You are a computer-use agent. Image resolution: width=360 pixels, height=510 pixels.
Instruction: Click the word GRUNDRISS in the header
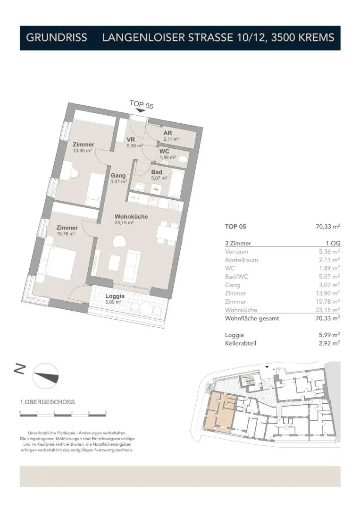tap(57, 38)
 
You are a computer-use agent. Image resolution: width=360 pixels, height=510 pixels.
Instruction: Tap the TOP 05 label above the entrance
tap(142, 105)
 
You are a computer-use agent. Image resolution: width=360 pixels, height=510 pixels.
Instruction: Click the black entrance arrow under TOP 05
tap(140, 111)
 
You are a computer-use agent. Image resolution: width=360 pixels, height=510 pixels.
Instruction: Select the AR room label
tap(167, 133)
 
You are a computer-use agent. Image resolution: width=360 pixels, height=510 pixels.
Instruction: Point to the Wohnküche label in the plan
tap(131, 216)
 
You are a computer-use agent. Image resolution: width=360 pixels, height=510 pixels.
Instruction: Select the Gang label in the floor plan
tap(118, 176)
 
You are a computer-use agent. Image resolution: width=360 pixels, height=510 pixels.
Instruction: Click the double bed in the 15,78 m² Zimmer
tap(58, 263)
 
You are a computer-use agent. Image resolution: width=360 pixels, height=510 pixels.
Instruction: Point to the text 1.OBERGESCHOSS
tap(47, 402)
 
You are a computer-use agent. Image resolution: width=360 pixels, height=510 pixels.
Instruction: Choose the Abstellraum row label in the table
tap(242, 260)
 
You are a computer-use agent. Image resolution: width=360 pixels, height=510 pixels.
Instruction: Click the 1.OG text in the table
tap(333, 243)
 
